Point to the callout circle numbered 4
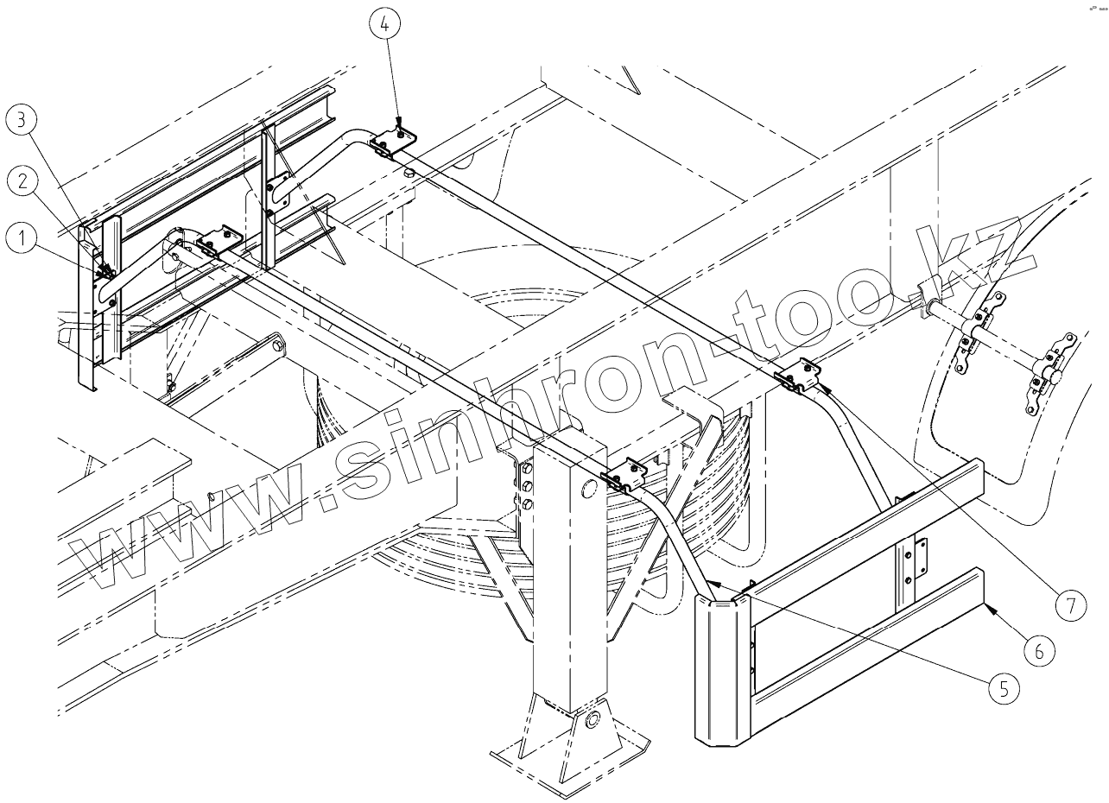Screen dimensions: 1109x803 [384, 26]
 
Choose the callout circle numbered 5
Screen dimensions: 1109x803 [1002, 688]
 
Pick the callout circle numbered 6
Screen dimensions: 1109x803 [1039, 650]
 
